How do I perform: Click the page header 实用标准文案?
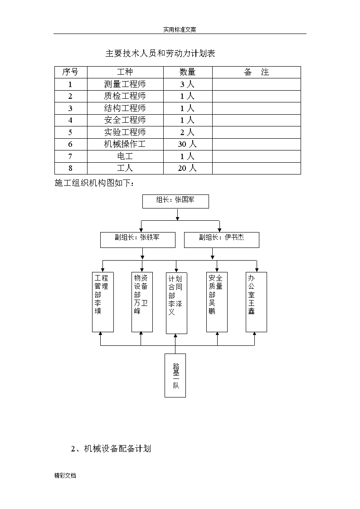pyautogui.click(x=180, y=29)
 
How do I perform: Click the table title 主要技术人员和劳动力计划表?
pyautogui.click(x=161, y=53)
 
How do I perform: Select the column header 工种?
pyautogui.click(x=125, y=72)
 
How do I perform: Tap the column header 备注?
pyautogui.click(x=257, y=72)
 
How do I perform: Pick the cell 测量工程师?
pyautogui.click(x=125, y=84)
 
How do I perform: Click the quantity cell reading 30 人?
pyautogui.click(x=187, y=144)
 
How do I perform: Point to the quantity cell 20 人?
pyautogui.click(x=187, y=168)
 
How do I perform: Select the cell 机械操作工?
pyautogui.click(x=125, y=144)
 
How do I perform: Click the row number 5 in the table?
pyautogui.click(x=70, y=132)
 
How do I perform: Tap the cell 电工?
pyautogui.click(x=125, y=156)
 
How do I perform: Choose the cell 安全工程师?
pyautogui.click(x=125, y=120)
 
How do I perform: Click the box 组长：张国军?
pyautogui.click(x=175, y=201)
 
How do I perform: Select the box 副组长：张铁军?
pyautogui.click(x=138, y=240)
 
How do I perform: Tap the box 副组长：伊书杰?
pyautogui.click(x=222, y=240)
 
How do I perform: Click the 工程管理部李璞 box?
pyautogui.click(x=103, y=302)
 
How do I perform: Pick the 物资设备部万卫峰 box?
pyautogui.click(x=142, y=302)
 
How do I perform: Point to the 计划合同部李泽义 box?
pyautogui.click(x=176, y=303)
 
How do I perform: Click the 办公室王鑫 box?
pyautogui.click(x=257, y=302)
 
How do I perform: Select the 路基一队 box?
pyautogui.click(x=175, y=376)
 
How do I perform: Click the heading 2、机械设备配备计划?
pyautogui.click(x=111, y=449)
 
